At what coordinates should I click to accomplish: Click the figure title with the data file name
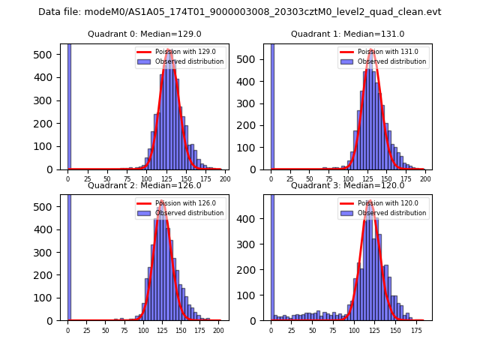tap(240, 12)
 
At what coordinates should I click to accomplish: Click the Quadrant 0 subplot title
tap(145, 34)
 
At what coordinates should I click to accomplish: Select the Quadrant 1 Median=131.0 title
tap(347, 34)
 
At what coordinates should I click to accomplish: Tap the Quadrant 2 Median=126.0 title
tap(145, 185)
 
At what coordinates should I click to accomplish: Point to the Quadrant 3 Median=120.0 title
tap(347, 185)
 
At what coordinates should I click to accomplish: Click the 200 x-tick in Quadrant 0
tap(225, 180)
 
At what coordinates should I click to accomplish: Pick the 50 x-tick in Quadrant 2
tap(105, 331)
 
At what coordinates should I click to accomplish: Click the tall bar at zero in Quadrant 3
tap(271, 255)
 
